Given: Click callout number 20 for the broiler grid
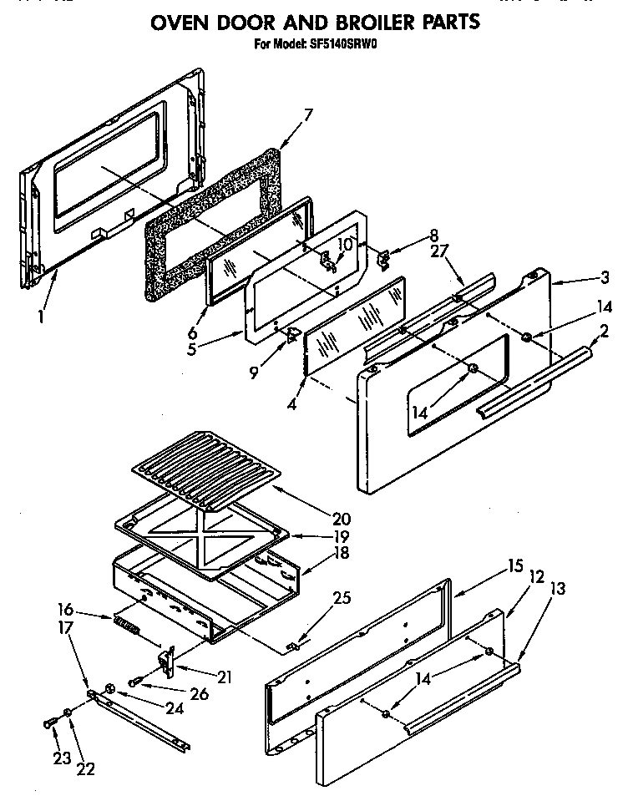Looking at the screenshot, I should coord(341,518).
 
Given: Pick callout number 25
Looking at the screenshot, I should coord(341,598).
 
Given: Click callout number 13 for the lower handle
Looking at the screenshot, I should coord(558,589).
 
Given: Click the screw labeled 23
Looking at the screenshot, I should coord(49,722).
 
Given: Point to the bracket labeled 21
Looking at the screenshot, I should coord(167,660).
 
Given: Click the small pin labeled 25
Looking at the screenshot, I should coord(291,646).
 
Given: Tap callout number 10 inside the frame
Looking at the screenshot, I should coord(344,244).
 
